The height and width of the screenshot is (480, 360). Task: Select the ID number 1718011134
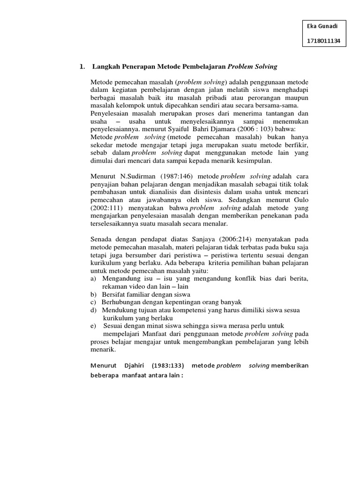click(x=323, y=42)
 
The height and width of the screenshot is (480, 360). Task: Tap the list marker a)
click(x=94, y=279)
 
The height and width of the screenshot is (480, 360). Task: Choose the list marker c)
click(x=93, y=302)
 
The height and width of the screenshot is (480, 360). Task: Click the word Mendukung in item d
click(x=120, y=310)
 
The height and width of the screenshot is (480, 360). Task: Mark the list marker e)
click(x=94, y=326)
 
